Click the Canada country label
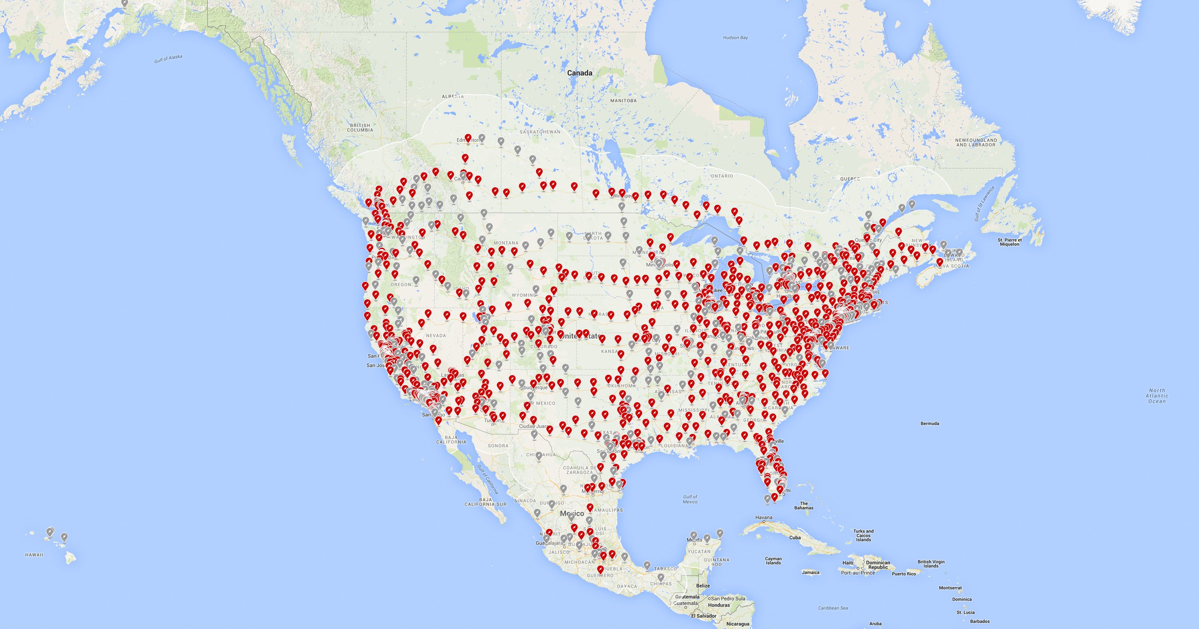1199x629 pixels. (580, 72)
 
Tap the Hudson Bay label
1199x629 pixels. (735, 37)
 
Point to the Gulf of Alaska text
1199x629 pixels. (168, 59)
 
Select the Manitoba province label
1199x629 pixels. (623, 100)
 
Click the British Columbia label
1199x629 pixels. (360, 127)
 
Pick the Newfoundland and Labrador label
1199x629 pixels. (976, 142)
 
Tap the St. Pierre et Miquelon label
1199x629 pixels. (1010, 242)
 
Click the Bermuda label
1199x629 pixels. (930, 423)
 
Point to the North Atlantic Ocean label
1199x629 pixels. (1157, 396)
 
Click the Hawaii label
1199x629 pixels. (34, 554)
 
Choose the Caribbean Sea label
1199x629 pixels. (833, 608)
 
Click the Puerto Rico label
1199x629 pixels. (904, 574)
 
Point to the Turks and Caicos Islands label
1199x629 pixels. (863, 535)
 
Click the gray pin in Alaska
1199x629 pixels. (124, 3)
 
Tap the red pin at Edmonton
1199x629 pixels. (468, 138)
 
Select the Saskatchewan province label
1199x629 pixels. (540, 132)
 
